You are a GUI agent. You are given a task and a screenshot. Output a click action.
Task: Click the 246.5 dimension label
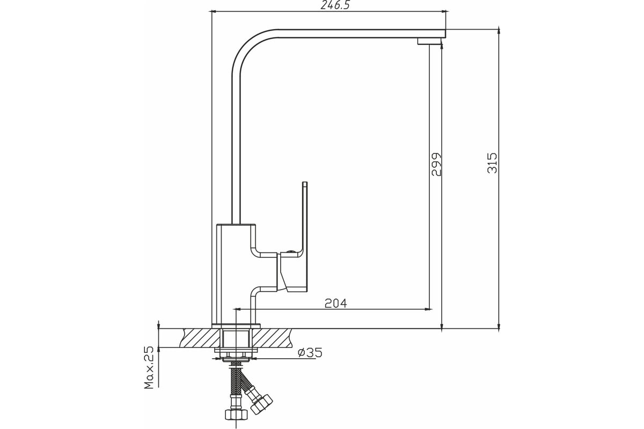[x=335, y=5]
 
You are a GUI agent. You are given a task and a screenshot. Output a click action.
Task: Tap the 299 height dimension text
[x=436, y=164]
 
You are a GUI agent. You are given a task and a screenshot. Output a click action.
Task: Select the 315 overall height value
[x=492, y=163]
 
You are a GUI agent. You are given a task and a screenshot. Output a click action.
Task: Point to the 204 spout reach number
[x=336, y=303]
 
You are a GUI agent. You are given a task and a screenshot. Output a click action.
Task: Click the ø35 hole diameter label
[x=310, y=352]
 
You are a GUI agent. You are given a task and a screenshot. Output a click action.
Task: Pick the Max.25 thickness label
[x=149, y=368]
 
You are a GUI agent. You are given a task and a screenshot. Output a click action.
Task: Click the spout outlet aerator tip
[x=429, y=41]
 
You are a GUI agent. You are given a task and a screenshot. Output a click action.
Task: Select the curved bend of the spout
[x=247, y=46]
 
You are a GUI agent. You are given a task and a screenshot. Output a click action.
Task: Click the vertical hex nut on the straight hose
[x=236, y=415]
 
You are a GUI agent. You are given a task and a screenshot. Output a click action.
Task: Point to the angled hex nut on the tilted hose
[x=261, y=404]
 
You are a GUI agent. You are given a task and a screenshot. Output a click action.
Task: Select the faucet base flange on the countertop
[x=236, y=326]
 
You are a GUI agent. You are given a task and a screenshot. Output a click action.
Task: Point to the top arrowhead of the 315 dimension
[x=499, y=31]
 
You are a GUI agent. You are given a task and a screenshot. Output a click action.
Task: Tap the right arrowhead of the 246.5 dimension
[x=444, y=11]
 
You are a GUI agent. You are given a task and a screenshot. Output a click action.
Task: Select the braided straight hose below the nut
[x=236, y=379]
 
